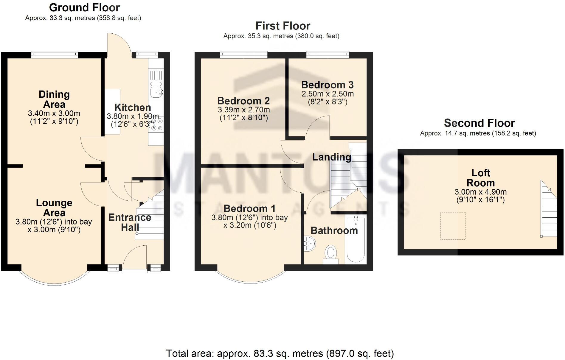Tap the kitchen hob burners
coord(157,124)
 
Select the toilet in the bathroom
coord(331,254)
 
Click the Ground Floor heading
coord(84,7)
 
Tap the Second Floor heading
coord(479,123)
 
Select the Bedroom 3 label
coord(327,85)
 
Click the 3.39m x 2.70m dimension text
coord(244,110)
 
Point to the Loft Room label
coord(480,178)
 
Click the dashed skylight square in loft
coord(453,226)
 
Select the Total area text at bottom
coord(280,353)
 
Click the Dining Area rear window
coord(55,54)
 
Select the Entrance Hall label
coord(130,222)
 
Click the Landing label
coord(331,157)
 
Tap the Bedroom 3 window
coord(327,54)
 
